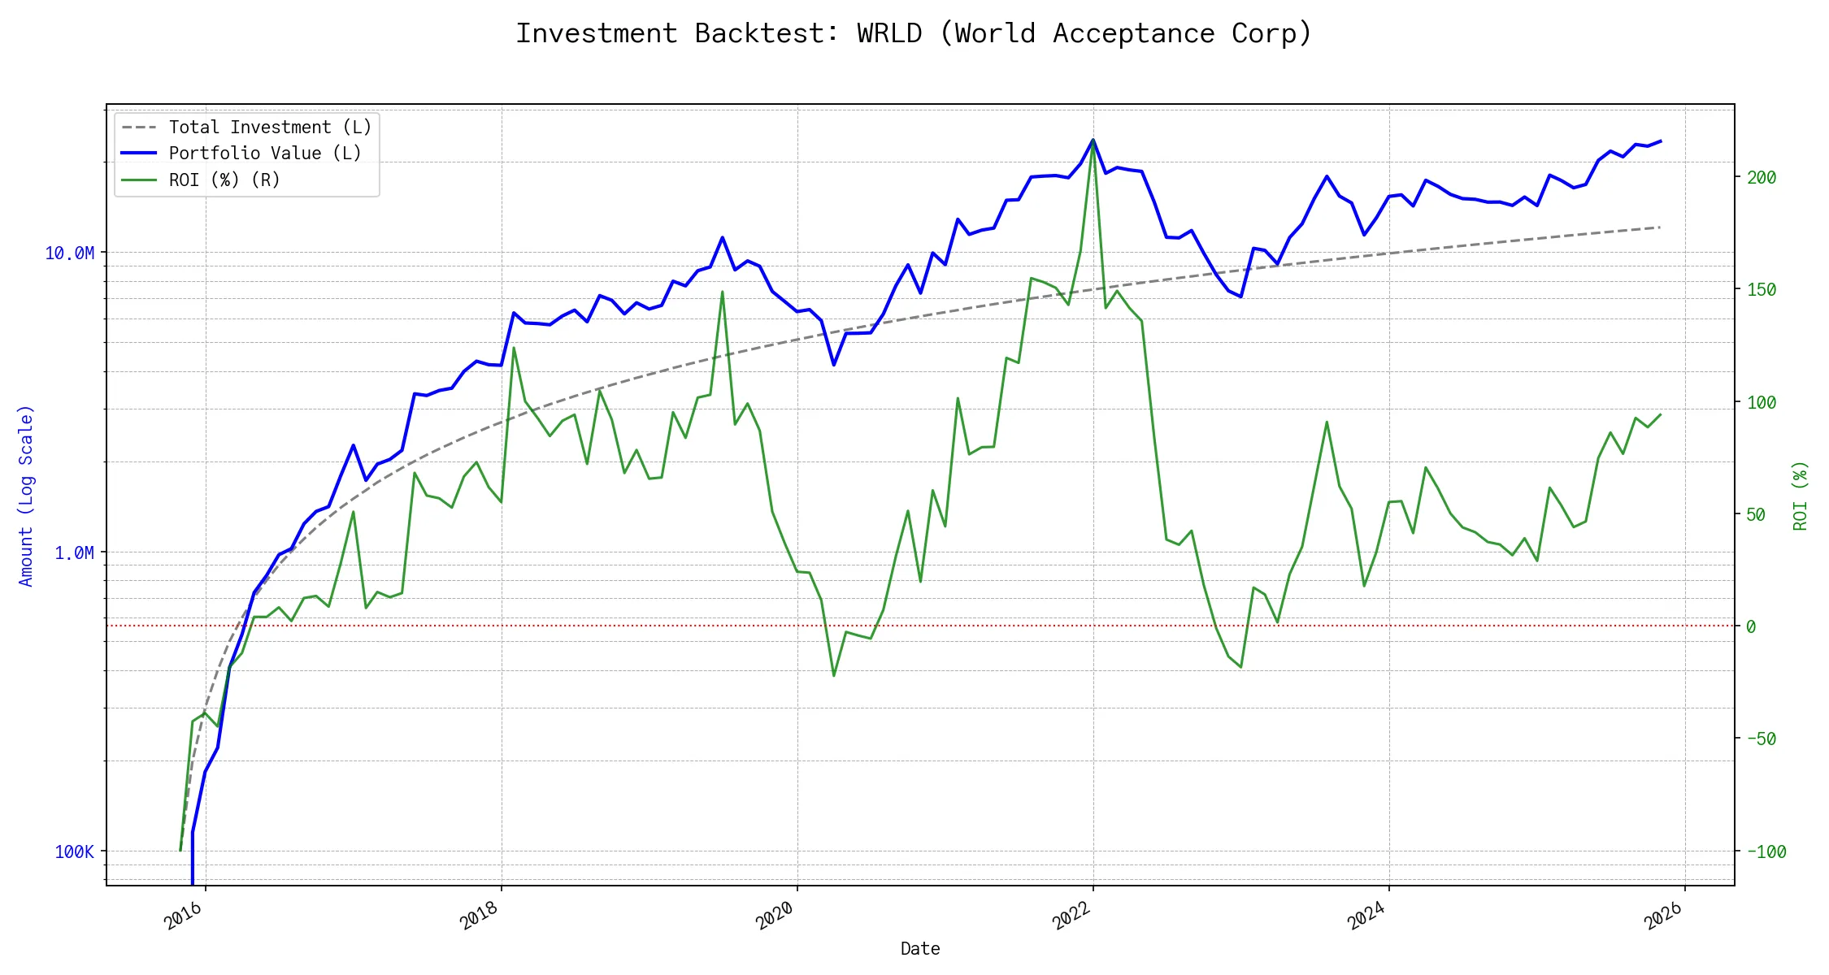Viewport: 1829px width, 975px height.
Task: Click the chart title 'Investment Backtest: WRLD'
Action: [914, 34]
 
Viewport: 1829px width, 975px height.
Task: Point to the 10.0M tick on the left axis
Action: [70, 253]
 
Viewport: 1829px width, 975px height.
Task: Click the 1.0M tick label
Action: [74, 553]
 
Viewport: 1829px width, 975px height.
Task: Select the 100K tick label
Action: [74, 852]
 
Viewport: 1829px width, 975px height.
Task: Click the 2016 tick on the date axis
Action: [184, 916]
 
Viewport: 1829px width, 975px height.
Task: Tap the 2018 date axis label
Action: [480, 916]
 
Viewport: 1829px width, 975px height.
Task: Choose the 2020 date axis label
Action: [775, 916]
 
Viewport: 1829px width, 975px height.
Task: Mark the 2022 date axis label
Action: [1071, 916]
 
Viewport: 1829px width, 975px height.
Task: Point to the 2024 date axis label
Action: [1367, 916]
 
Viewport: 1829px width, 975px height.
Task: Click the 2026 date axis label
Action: [1663, 916]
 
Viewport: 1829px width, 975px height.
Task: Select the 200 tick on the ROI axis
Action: [1762, 178]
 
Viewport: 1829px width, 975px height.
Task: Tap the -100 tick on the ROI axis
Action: [1766, 852]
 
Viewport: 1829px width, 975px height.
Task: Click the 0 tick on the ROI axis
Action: [1751, 627]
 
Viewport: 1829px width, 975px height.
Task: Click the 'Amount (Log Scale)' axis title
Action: [26, 496]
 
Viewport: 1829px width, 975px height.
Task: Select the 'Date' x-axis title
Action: [920, 949]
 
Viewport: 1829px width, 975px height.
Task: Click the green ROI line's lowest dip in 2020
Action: [834, 675]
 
